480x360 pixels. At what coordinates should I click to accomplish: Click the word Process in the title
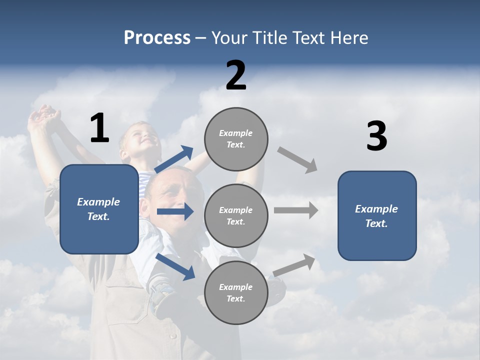[x=157, y=38]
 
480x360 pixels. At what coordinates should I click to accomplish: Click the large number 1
[x=99, y=128]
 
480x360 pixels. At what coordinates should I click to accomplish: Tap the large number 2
[x=236, y=75]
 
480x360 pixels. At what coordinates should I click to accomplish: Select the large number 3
[x=376, y=136]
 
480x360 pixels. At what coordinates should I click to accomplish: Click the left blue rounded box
[x=99, y=209]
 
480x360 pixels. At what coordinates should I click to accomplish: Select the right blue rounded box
[x=377, y=216]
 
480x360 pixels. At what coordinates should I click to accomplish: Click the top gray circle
[x=236, y=139]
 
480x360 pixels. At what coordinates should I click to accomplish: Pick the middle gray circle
[x=236, y=216]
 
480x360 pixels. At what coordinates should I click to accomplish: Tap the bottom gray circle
[x=236, y=293]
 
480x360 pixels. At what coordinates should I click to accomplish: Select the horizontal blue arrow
[x=175, y=212]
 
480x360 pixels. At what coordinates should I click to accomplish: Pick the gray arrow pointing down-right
[x=297, y=160]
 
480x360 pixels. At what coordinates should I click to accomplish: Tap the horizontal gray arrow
[x=296, y=210]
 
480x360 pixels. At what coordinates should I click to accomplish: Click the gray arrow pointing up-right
[x=294, y=265]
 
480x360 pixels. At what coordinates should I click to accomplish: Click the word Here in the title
[x=348, y=38]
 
